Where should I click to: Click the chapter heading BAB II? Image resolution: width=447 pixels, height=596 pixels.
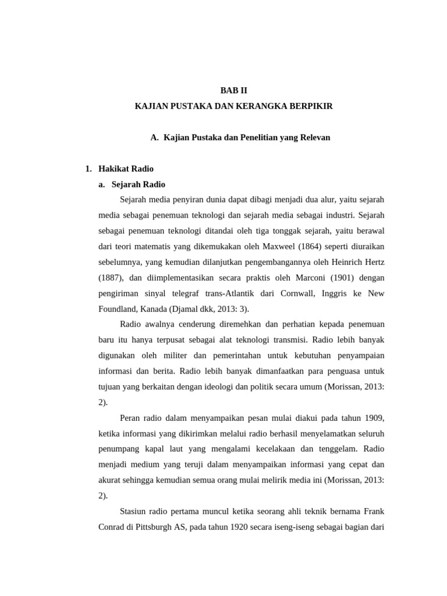tap(233, 91)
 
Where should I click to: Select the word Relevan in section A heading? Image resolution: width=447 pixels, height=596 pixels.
tap(314, 137)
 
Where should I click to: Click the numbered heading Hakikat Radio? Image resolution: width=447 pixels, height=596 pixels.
tap(126, 169)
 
